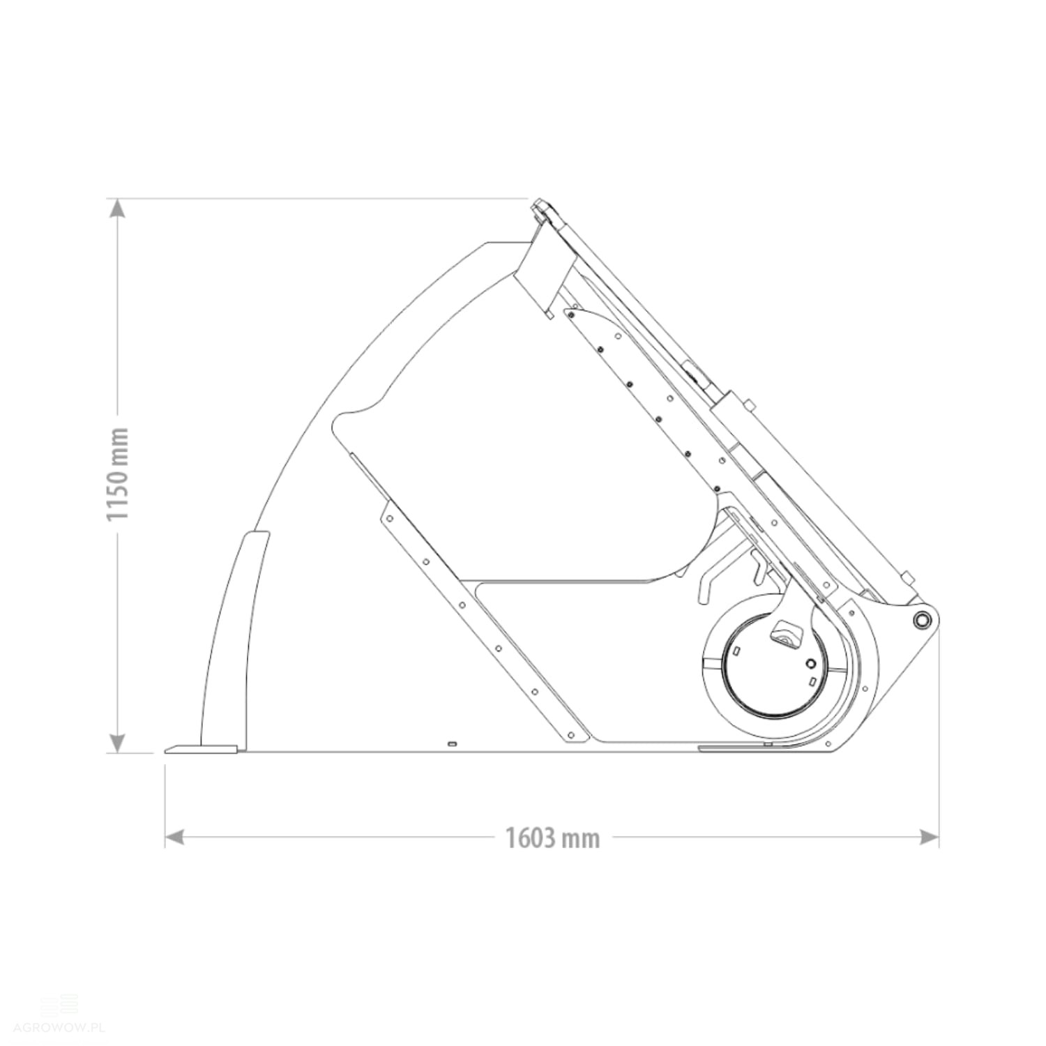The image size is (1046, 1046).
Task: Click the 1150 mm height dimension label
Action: pos(116,474)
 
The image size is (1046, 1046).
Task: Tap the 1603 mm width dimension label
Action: pos(552,837)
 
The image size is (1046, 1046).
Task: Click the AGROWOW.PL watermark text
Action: pos(59,1029)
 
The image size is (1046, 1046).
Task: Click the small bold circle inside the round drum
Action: pos(810,662)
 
